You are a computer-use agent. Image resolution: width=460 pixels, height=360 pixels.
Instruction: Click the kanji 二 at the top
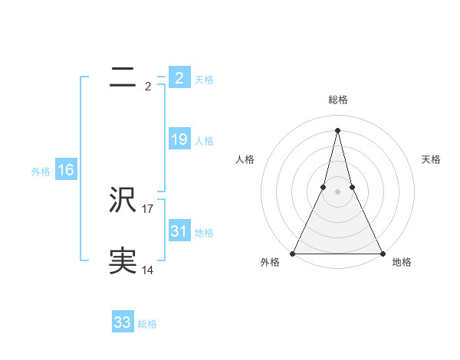(x=123, y=77)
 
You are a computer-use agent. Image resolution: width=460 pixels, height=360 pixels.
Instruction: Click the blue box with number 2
(x=179, y=77)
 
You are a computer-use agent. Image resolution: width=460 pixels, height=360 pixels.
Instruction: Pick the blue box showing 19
(x=179, y=139)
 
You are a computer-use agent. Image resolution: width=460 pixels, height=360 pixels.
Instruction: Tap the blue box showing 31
(x=179, y=231)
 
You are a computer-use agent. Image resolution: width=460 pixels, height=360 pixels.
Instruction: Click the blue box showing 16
(x=65, y=170)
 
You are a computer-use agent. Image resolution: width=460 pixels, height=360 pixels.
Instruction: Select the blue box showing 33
(x=123, y=322)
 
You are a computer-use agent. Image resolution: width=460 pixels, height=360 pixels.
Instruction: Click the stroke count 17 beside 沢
(x=148, y=208)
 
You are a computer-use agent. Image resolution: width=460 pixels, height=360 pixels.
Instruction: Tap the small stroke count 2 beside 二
(x=148, y=86)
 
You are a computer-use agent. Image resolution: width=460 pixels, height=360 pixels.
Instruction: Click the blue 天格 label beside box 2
(x=204, y=79)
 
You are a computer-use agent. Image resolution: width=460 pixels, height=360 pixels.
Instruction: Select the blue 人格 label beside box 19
(x=204, y=141)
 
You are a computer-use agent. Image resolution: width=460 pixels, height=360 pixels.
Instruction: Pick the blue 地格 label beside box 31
(x=204, y=233)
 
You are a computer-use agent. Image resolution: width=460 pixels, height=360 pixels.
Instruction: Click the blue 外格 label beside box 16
(x=41, y=172)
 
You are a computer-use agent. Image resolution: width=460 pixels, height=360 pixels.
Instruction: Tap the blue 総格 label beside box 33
(x=147, y=324)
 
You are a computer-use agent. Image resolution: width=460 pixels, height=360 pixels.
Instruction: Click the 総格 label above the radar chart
(x=337, y=100)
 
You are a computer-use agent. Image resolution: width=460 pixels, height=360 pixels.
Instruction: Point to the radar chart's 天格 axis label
(x=432, y=159)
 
